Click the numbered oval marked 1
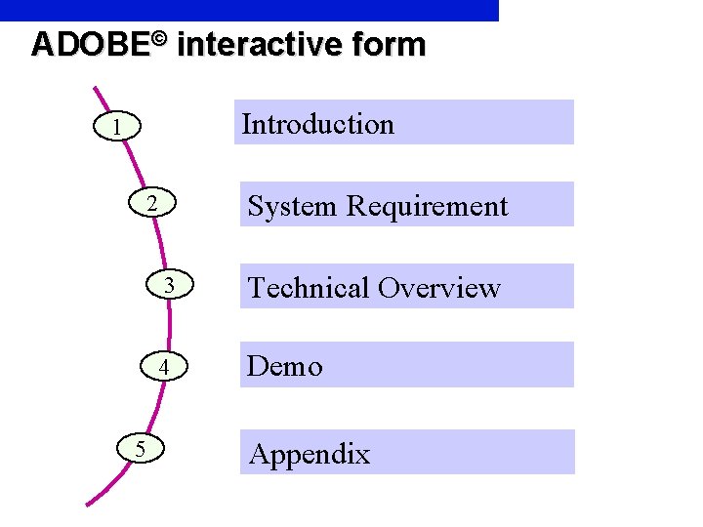[116, 127]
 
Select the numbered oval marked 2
[151, 205]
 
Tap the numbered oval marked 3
[169, 286]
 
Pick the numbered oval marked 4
[166, 367]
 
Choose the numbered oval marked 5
[141, 448]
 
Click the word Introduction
[317, 124]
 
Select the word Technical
[309, 288]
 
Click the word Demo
[284, 366]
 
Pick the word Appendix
[309, 454]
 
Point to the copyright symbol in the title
[160, 39]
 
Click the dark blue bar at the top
[249, 10]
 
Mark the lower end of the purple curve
[88, 504]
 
